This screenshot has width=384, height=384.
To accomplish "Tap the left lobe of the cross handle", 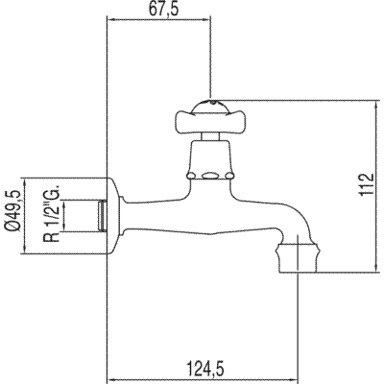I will (x=184, y=120).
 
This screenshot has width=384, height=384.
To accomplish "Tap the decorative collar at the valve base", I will (x=208, y=176).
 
